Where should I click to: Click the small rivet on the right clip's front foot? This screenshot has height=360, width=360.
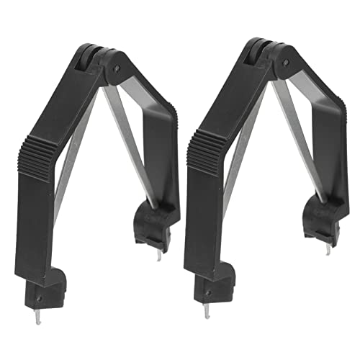click(x=210, y=294)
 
